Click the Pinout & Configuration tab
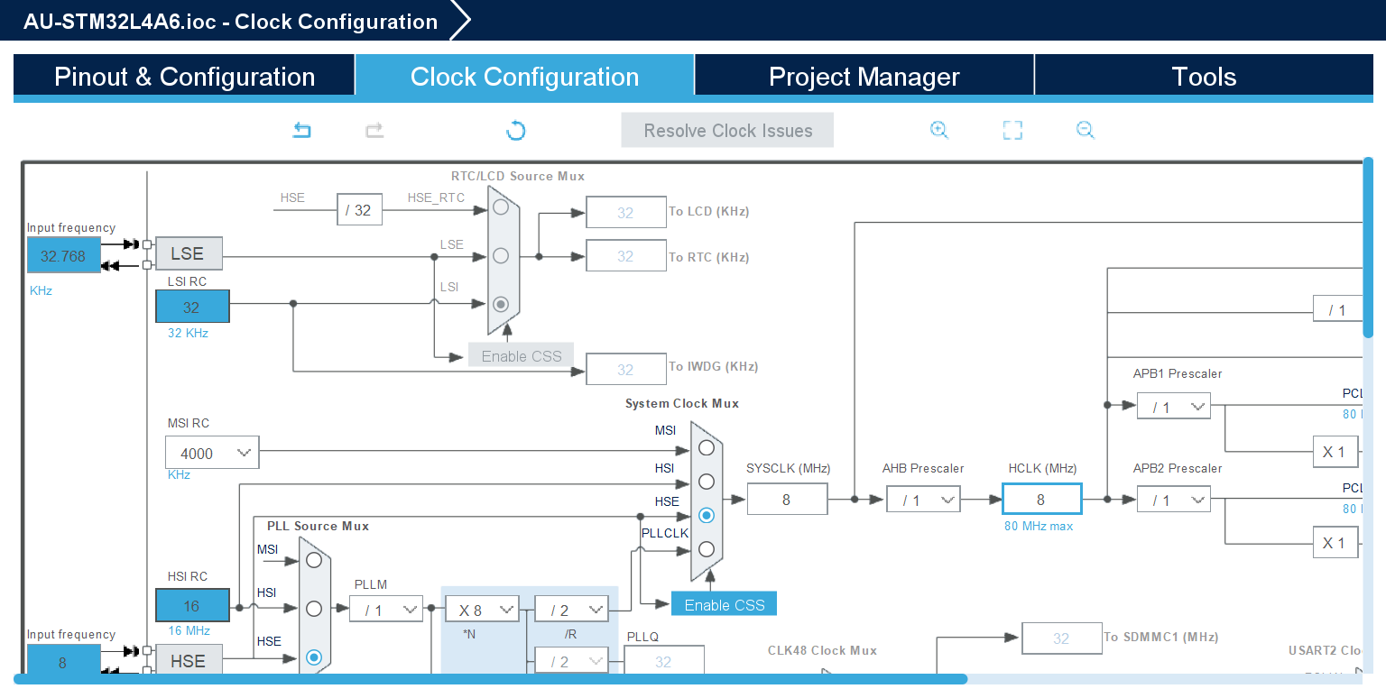(184, 77)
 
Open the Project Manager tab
(864, 77)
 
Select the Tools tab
(1204, 77)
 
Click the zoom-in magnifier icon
(939, 131)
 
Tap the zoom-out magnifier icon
(1086, 131)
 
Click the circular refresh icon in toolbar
(515, 131)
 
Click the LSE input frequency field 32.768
(63, 256)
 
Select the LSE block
(188, 254)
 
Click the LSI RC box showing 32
(192, 308)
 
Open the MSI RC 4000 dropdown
(212, 453)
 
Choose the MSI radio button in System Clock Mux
(707, 446)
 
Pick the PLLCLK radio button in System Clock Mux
(707, 549)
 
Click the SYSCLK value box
(786, 500)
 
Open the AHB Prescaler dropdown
(922, 500)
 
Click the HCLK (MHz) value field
(1040, 500)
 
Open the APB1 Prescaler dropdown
(1173, 407)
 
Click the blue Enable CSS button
(724, 604)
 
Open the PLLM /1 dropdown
(385, 610)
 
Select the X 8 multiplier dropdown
(482, 610)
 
